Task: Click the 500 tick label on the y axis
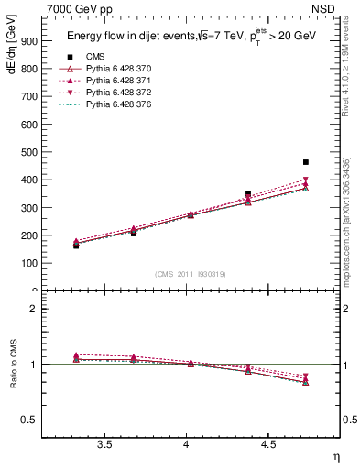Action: [30, 152]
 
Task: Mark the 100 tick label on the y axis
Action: [30, 263]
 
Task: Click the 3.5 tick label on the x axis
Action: [104, 444]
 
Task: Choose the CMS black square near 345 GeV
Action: [248, 194]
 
